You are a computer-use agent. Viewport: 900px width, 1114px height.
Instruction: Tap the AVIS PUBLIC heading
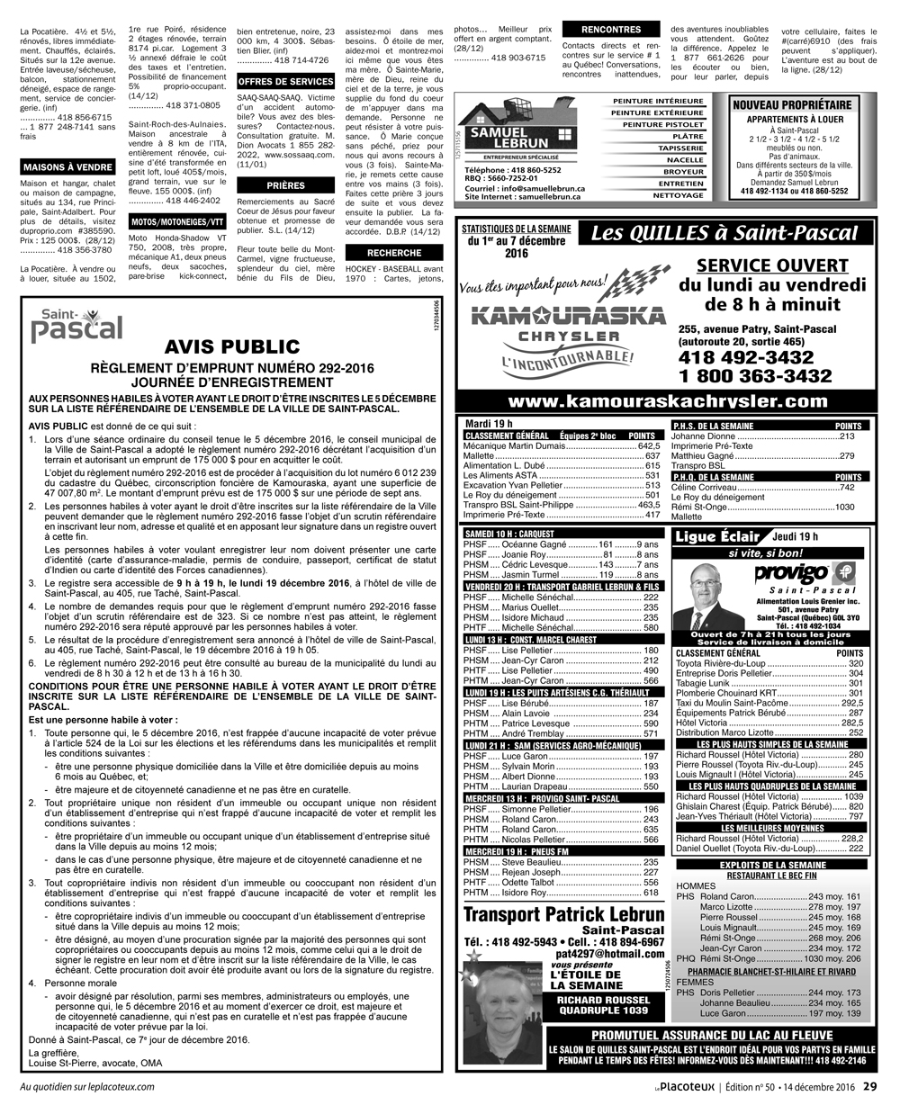[232, 346]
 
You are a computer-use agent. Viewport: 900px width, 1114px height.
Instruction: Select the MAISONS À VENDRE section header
[67, 167]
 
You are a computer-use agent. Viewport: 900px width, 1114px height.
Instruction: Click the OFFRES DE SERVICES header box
[285, 81]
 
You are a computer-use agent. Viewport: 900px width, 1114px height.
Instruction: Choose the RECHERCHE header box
[394, 253]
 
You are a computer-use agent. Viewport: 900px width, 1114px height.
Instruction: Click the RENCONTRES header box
[611, 30]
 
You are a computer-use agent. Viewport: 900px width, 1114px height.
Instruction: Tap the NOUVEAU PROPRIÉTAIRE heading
[793, 105]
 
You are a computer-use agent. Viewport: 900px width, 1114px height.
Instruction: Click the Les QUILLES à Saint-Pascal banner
[724, 234]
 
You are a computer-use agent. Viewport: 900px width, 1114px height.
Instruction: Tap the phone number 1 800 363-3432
[756, 375]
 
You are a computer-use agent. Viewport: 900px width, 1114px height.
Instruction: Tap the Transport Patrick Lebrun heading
[563, 915]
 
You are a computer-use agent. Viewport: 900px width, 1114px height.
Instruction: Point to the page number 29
[869, 1086]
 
